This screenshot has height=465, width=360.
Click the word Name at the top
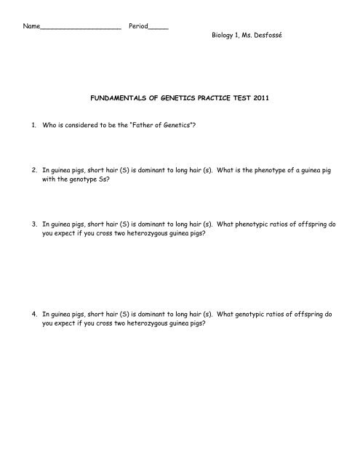tap(31, 26)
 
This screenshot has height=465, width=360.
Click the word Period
tap(138, 26)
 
